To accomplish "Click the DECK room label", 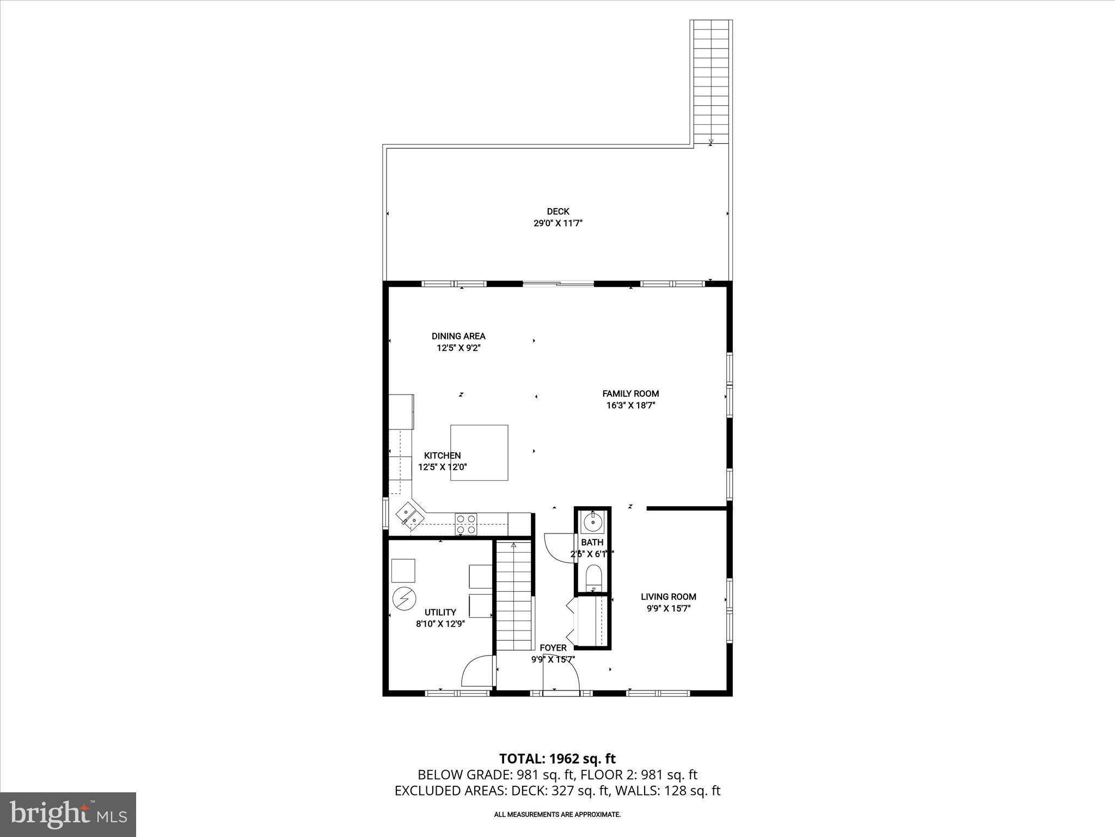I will coord(557,211).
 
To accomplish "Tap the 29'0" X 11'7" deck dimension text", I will coord(557,223).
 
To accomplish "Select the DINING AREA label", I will coord(458,336).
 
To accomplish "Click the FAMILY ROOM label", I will coord(630,393).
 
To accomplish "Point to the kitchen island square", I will coord(479,452).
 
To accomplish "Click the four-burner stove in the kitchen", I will coord(466,524).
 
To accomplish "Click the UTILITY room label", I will coord(440,612).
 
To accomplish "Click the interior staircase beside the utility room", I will coord(513,597).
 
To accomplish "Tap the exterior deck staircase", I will coord(711,82).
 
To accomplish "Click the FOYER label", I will coord(553,648).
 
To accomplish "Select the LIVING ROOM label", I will coord(668,597).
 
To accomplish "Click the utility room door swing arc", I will coord(475,671).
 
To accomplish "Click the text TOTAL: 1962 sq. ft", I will coord(557,759).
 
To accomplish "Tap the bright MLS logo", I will coord(68,814).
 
